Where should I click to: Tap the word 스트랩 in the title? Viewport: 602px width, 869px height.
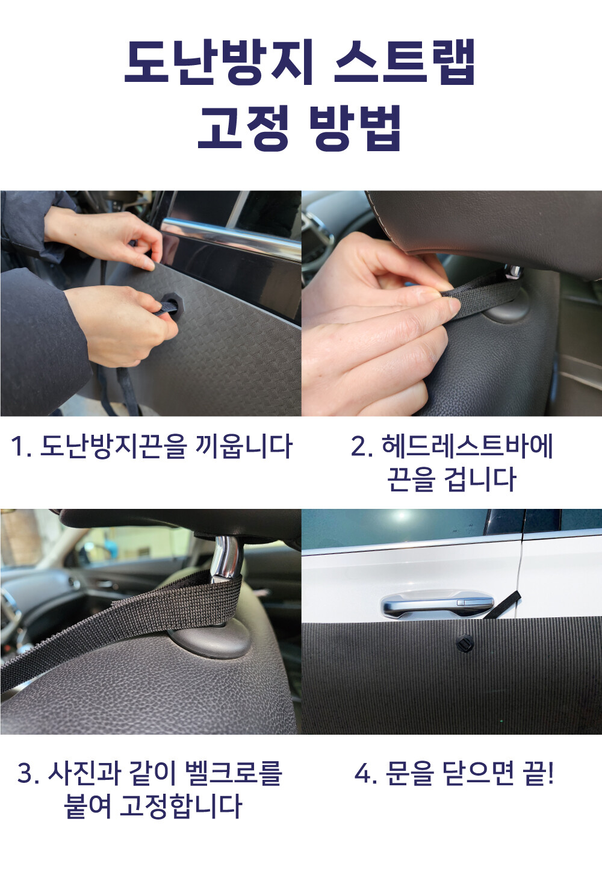click(404, 63)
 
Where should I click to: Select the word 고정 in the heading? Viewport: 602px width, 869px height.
click(244, 128)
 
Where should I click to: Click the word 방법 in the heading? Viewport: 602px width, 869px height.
click(355, 128)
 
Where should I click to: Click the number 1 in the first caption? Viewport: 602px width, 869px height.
click(17, 446)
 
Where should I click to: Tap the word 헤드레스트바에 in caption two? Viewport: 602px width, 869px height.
click(467, 446)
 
